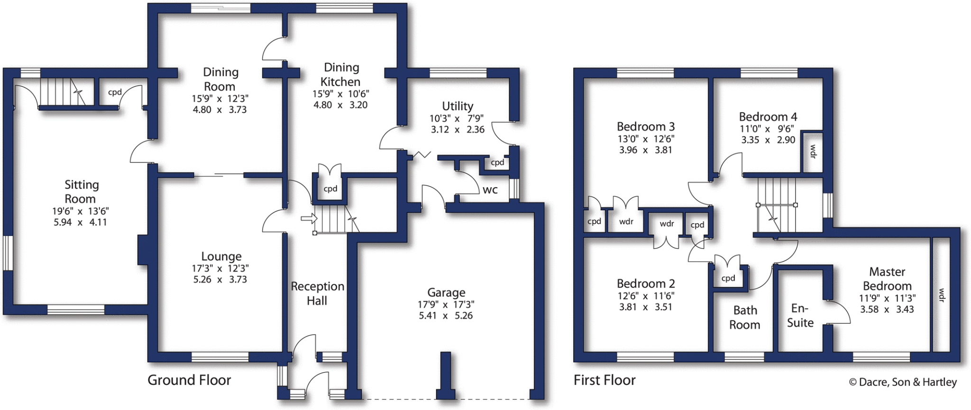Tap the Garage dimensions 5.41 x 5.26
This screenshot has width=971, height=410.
point(446,316)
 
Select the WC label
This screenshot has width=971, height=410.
point(490,191)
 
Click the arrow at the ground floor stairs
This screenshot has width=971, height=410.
point(309,219)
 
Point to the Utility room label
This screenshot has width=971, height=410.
point(458,106)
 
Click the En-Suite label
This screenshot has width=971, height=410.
point(800,316)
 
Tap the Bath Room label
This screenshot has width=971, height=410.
point(745,318)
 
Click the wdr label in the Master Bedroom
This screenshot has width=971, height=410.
point(942,295)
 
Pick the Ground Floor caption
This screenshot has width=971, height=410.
point(189,380)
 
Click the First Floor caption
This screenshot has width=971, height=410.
point(605,380)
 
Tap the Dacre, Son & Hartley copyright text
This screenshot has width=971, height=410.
point(903,382)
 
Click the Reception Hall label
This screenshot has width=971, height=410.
point(317,293)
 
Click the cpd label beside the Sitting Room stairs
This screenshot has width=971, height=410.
point(115,92)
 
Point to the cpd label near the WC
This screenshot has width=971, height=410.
point(497,163)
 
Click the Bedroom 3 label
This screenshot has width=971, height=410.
point(646,127)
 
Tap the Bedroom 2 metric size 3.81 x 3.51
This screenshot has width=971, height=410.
point(646,307)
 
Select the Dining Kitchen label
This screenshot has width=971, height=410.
point(341,74)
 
